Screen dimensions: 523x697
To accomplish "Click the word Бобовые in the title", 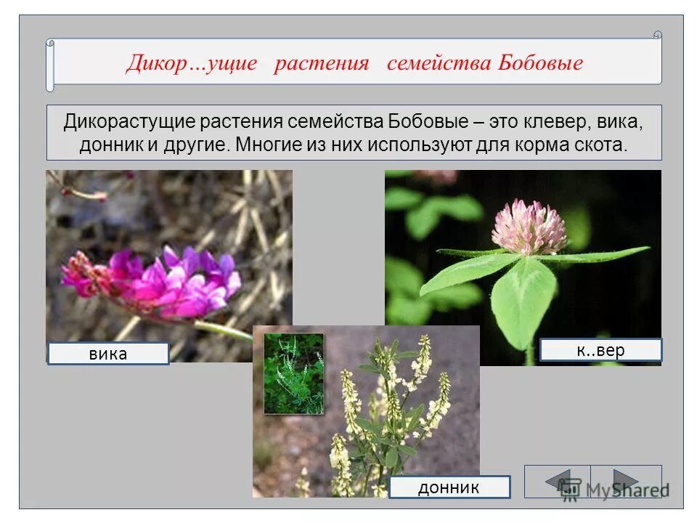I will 540,63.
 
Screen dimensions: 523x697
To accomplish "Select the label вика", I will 108,354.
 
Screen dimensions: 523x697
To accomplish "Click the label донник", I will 449,487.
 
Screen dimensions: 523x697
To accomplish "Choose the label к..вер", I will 600,350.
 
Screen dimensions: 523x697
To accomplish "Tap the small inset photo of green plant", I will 293,373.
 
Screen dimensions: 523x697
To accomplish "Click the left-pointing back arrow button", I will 558,481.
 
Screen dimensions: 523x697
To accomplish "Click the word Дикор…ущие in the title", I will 192,63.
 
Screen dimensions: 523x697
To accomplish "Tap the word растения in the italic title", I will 322,63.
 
